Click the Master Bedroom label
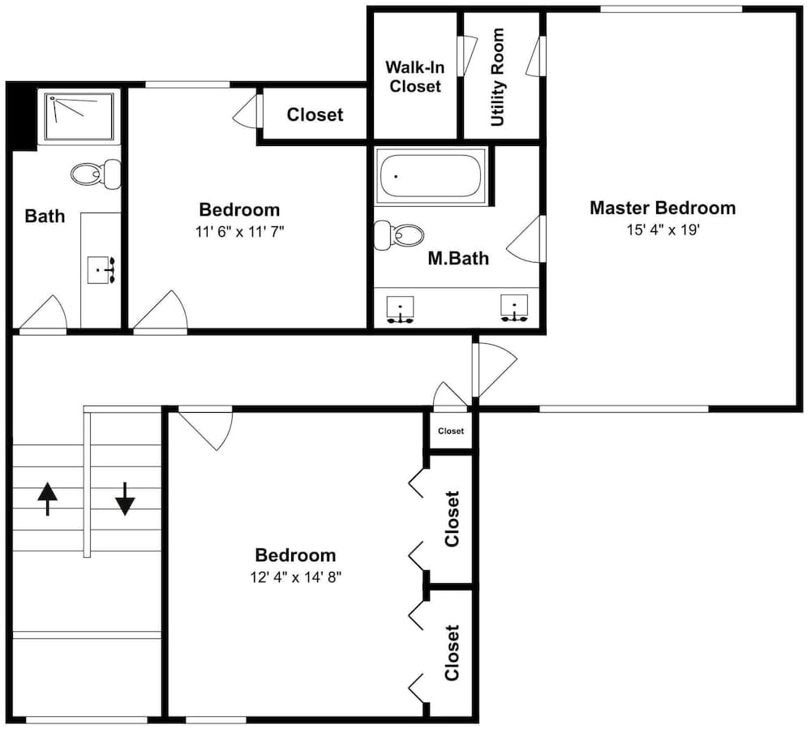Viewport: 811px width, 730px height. tap(663, 208)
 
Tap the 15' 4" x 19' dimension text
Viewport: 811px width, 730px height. tap(663, 230)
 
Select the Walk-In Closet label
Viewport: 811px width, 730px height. tap(414, 76)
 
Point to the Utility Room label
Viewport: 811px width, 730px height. tap(497, 77)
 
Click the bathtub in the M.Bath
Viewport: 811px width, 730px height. tap(431, 177)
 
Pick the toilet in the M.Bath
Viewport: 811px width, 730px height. tap(398, 235)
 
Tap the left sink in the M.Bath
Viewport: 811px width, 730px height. tap(401, 310)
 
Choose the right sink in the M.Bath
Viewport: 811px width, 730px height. tap(514, 309)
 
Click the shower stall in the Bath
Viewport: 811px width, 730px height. tap(79, 117)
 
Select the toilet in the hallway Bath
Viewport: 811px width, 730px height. tap(97, 174)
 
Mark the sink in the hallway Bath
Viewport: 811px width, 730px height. tap(101, 270)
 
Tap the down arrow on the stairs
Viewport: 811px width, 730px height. tap(125, 499)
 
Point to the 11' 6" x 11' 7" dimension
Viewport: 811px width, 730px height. tap(239, 231)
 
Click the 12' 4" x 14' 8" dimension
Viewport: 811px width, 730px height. tap(296, 577)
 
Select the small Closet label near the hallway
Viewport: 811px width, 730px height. tap(451, 431)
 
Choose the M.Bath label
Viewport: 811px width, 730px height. tap(458, 258)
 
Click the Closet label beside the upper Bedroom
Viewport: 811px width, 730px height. tap(315, 115)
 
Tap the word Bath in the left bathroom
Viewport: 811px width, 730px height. tap(45, 216)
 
